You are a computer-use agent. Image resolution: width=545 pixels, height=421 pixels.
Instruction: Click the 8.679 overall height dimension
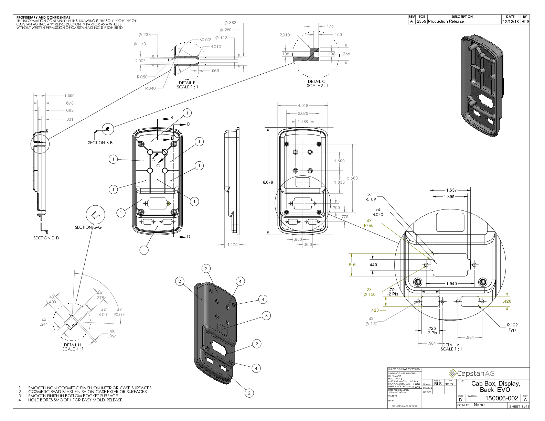pyautogui.click(x=268, y=182)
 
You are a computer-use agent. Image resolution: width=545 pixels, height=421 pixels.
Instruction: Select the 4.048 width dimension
pyautogui.click(x=303, y=106)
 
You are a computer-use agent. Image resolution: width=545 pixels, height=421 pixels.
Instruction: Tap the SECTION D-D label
pyautogui.click(x=46, y=238)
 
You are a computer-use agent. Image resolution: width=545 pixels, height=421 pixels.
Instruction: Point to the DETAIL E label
pyautogui.click(x=187, y=83)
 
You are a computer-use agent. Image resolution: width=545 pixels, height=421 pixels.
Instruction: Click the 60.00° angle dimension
pyautogui.click(x=205, y=40)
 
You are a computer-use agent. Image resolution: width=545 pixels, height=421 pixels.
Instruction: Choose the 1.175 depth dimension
pyautogui.click(x=233, y=245)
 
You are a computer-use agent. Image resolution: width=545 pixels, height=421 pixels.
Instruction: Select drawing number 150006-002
pyautogui.click(x=501, y=398)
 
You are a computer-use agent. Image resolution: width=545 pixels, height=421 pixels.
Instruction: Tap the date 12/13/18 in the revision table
pyautogui.click(x=511, y=21)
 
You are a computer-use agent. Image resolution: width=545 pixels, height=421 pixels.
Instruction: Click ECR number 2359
pyautogui.click(x=421, y=21)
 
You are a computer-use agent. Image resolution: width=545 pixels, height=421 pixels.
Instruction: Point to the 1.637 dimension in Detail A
pyautogui.click(x=451, y=190)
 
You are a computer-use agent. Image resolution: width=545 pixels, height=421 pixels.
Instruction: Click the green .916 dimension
pyautogui.click(x=352, y=265)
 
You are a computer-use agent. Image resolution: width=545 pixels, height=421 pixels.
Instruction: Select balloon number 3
pyautogui.click(x=266, y=316)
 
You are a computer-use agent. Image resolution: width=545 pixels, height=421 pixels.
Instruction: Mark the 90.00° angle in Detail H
pyautogui.click(x=119, y=315)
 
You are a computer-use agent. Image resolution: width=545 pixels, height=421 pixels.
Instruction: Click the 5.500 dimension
pyautogui.click(x=352, y=178)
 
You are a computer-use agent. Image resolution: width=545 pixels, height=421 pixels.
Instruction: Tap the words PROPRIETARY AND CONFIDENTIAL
pyautogui.click(x=43, y=17)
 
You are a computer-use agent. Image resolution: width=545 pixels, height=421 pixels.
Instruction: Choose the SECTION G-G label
pyautogui.click(x=88, y=227)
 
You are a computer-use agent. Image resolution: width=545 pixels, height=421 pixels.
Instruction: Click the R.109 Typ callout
pyautogui.click(x=512, y=327)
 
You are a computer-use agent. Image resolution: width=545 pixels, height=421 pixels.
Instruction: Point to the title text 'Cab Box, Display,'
pyautogui.click(x=495, y=384)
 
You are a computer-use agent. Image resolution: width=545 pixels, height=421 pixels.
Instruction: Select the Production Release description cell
pyautogui.click(x=446, y=21)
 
